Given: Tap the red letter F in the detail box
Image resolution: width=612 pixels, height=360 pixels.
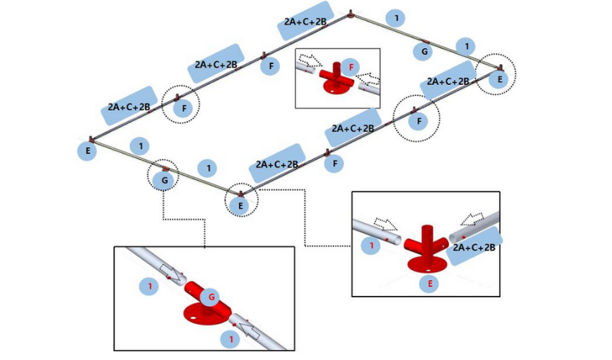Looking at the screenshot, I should (351, 66).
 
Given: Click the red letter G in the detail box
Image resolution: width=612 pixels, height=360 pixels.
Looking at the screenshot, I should (212, 297).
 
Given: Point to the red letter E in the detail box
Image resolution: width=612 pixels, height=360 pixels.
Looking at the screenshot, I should (430, 284).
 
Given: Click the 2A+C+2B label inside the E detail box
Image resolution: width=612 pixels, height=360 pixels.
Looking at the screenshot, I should (474, 247).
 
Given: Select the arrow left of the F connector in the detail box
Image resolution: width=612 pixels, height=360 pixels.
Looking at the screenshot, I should (311, 60).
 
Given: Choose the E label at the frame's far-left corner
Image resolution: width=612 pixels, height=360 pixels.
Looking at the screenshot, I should (87, 151).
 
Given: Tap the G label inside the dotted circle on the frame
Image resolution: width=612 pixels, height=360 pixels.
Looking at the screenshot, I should (165, 180).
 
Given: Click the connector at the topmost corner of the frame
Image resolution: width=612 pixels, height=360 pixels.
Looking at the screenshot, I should (351, 13).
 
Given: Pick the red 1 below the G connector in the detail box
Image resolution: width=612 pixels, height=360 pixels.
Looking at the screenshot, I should (230, 338).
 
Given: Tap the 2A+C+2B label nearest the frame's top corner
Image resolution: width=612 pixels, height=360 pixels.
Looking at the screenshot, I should (305, 22).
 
